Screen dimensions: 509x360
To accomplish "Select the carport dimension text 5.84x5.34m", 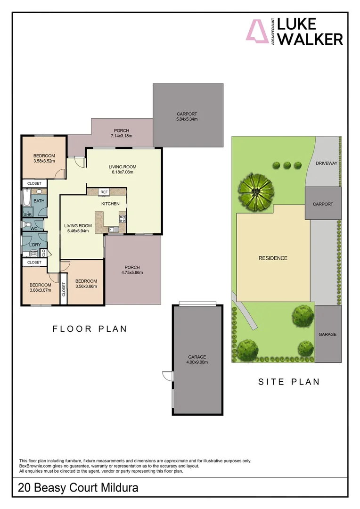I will (x=187, y=120).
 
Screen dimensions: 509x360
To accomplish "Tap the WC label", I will (x=34, y=229).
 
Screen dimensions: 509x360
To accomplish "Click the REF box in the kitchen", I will (x=104, y=192).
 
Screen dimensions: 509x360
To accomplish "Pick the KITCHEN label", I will (x=111, y=204).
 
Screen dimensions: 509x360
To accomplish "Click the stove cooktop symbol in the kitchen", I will (x=122, y=219).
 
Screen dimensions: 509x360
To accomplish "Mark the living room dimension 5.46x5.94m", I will (x=78, y=231).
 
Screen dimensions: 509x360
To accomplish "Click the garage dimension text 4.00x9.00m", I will (x=197, y=362).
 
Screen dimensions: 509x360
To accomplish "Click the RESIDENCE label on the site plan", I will (x=272, y=258).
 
